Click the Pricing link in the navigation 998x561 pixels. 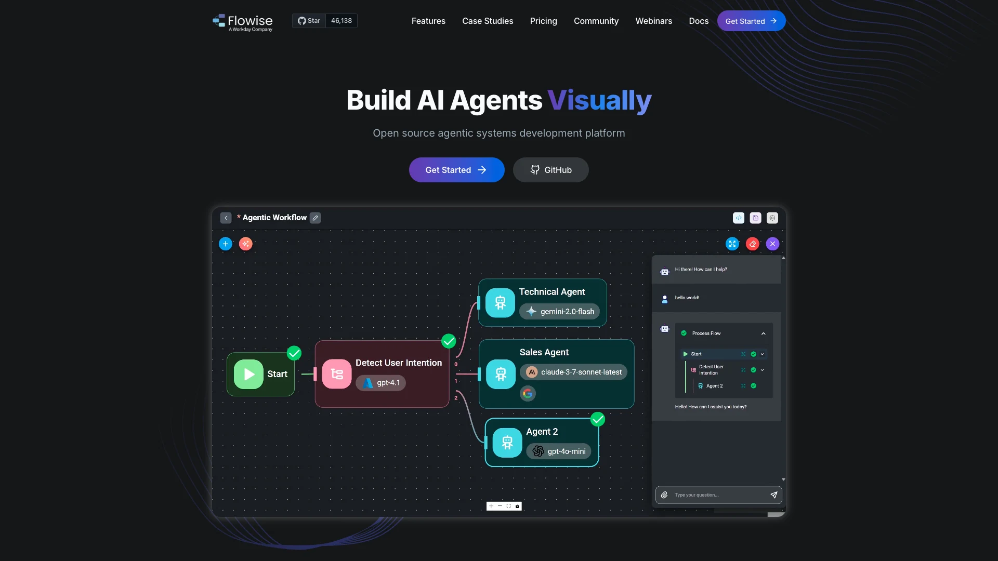[x=543, y=21]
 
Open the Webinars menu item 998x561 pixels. [x=653, y=21]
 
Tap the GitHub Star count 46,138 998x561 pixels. [x=342, y=21]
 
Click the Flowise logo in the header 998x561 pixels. [x=243, y=22]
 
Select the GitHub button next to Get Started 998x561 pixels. [x=550, y=170]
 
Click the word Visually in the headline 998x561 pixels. [x=599, y=100]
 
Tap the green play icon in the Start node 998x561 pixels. [x=248, y=374]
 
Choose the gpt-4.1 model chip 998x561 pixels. [x=381, y=383]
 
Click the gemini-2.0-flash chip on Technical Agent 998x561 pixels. [x=559, y=312]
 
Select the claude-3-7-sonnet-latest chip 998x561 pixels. [x=574, y=372]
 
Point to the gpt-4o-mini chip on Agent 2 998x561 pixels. [x=559, y=451]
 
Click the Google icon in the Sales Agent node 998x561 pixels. [x=528, y=394]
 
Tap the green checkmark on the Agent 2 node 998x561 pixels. [x=598, y=419]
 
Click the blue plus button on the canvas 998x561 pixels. [x=226, y=244]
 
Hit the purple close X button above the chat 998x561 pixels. [x=772, y=244]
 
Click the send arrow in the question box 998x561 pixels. [x=774, y=495]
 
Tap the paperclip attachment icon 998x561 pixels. [x=664, y=495]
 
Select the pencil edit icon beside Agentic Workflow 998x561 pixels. [x=316, y=218]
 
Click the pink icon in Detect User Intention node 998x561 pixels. [x=337, y=374]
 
